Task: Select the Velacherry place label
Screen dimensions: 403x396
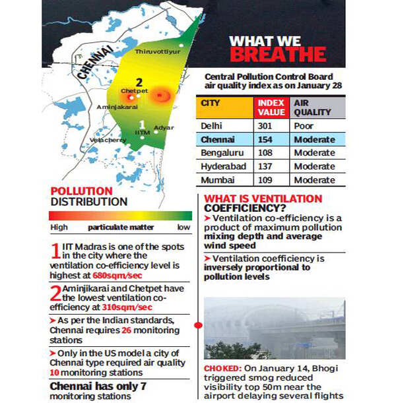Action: [108, 140]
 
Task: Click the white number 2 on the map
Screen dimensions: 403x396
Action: [139, 82]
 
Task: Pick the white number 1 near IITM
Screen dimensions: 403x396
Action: [141, 123]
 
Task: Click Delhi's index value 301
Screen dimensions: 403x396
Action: [270, 125]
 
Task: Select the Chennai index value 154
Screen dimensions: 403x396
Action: [270, 140]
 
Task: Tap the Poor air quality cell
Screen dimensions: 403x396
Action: [304, 125]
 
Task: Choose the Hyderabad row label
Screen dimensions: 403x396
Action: [223, 166]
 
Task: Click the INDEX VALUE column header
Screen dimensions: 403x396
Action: [271, 108]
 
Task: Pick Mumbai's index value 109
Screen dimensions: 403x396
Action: [270, 180]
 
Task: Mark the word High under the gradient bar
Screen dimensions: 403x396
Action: [59, 228]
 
